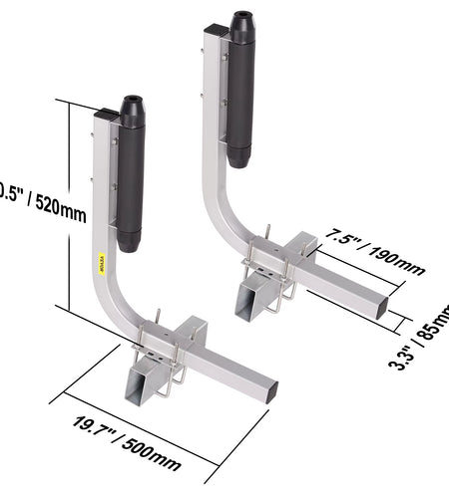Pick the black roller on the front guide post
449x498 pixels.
point(130,184)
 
